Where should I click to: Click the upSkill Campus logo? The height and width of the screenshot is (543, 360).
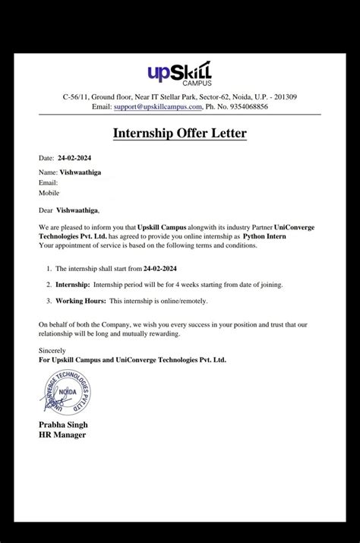point(179,73)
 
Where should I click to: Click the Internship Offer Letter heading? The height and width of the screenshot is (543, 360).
point(180,134)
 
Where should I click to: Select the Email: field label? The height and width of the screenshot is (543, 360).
point(48,182)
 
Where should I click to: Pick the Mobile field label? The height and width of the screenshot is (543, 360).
point(49,193)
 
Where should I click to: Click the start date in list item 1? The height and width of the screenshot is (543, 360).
point(175,269)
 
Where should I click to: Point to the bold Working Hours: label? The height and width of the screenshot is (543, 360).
point(83,301)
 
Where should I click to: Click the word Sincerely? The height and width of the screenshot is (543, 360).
point(52,350)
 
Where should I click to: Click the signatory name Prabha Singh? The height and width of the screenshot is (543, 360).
point(63,424)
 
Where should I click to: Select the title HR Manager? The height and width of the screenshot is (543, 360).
point(62,434)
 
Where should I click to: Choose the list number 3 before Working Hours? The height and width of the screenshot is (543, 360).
point(48,301)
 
